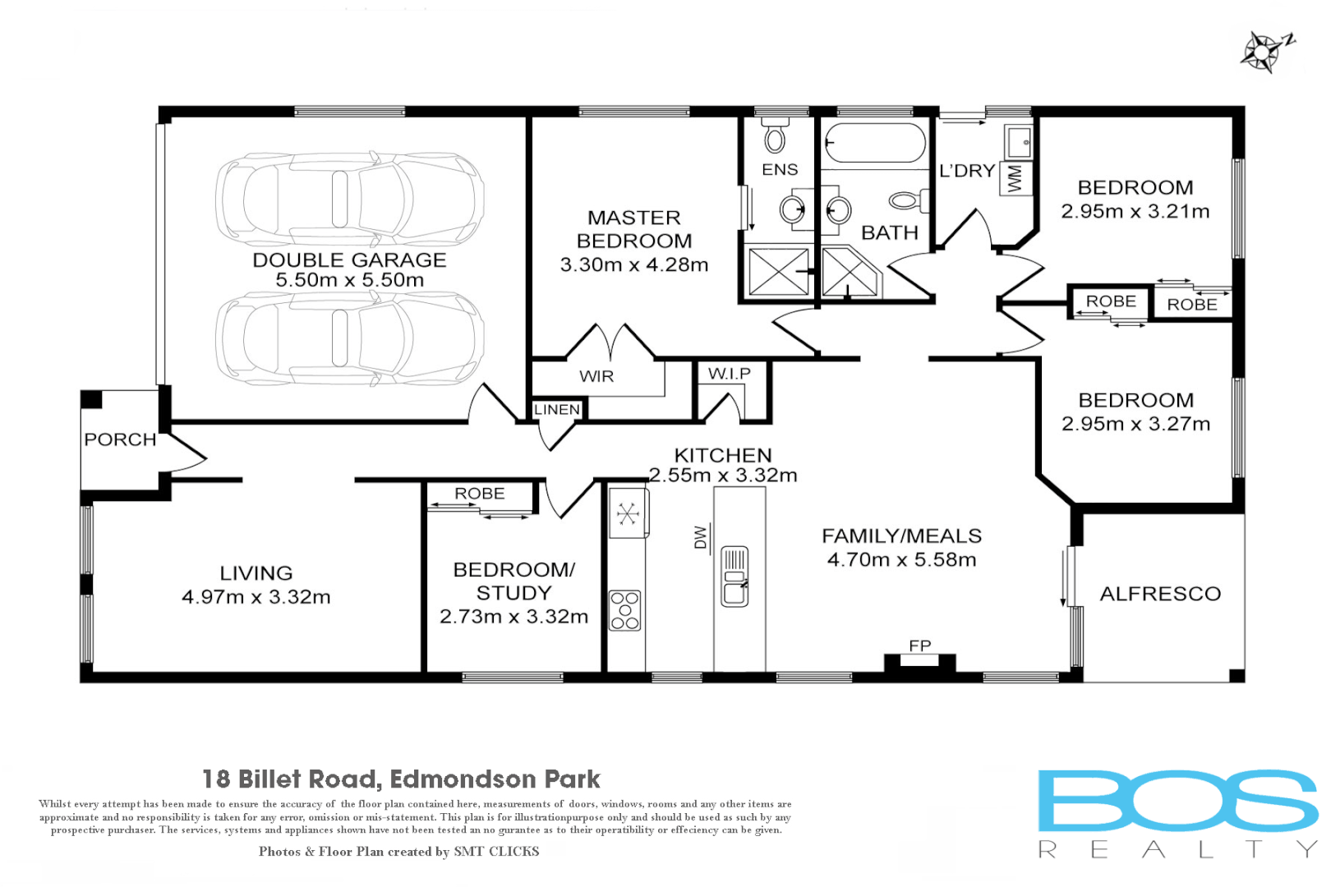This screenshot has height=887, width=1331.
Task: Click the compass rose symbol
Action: pyautogui.click(x=1263, y=52)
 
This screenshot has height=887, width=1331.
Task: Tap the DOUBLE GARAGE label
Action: pyautogui.click(x=349, y=260)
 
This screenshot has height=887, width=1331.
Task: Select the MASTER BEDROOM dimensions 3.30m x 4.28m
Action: pyautogui.click(x=633, y=265)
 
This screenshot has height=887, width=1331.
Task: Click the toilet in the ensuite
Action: pyautogui.click(x=774, y=137)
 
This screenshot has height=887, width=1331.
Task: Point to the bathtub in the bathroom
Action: pyautogui.click(x=875, y=143)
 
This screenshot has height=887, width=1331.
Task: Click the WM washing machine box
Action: pyautogui.click(x=1015, y=178)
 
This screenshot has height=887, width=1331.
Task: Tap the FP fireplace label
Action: pyautogui.click(x=919, y=646)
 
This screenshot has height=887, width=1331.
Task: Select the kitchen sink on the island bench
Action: pyautogui.click(x=735, y=577)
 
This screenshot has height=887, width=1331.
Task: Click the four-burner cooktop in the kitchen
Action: pyautogui.click(x=625, y=610)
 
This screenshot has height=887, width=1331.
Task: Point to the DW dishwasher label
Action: pyautogui.click(x=701, y=537)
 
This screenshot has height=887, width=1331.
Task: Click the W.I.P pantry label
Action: pyautogui.click(x=729, y=374)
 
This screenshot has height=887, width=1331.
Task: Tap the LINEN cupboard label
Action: pyautogui.click(x=557, y=409)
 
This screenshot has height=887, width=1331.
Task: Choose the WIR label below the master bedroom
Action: pyautogui.click(x=596, y=376)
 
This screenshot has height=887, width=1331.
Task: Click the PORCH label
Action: pyautogui.click(x=120, y=439)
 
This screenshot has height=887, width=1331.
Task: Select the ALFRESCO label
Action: pyautogui.click(x=1160, y=594)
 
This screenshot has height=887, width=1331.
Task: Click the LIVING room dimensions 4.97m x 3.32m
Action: pyautogui.click(x=256, y=597)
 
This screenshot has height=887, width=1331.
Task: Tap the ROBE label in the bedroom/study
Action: pyautogui.click(x=480, y=494)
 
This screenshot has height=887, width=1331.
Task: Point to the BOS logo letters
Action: pyautogui.click(x=1177, y=801)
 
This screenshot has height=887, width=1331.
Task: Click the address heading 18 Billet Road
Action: pyautogui.click(x=401, y=779)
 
